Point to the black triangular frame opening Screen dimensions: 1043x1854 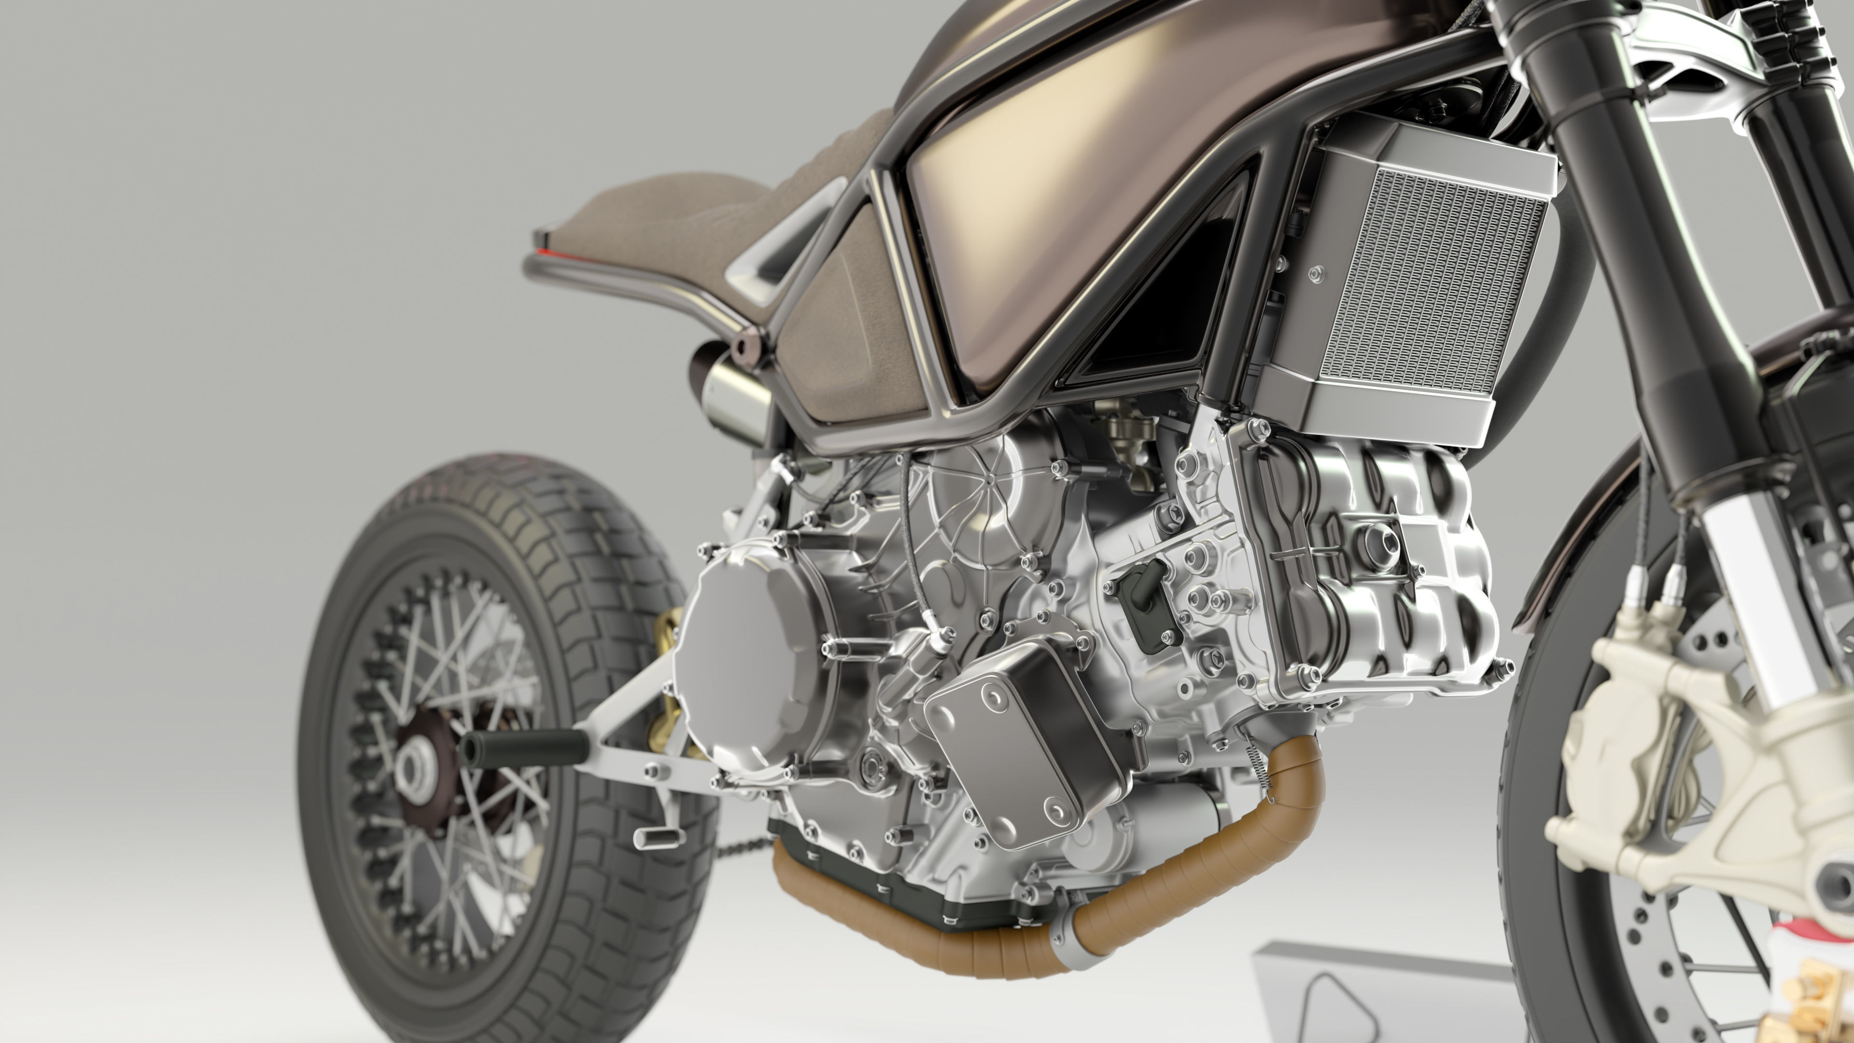click(1166, 302)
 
